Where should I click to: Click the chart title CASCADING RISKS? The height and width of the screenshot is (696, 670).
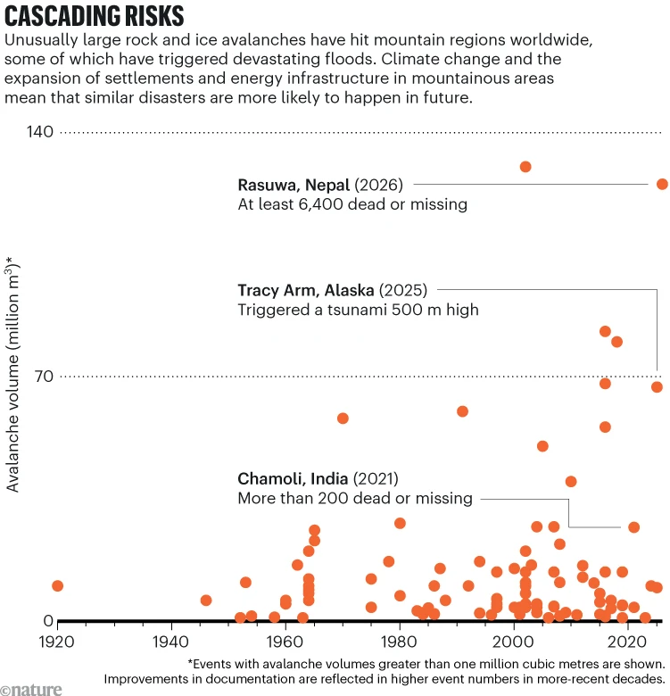coord(94,16)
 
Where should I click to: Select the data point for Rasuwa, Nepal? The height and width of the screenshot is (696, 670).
coord(662,184)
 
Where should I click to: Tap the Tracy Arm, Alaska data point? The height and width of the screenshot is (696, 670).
coord(657,387)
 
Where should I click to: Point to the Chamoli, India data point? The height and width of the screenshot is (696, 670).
coord(633,527)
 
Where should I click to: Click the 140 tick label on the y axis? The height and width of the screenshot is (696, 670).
coord(40,132)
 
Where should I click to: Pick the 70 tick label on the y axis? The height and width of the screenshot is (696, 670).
coord(44,377)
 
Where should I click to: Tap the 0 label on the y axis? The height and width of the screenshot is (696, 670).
coord(48,620)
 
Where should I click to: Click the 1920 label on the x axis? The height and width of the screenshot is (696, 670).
coord(57,642)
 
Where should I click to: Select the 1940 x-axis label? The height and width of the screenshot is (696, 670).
coord(171,642)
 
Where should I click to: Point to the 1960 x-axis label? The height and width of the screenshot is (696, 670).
coord(285,642)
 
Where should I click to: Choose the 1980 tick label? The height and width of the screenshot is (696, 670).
coord(400,642)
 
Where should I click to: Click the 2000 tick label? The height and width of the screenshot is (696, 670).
coord(513,642)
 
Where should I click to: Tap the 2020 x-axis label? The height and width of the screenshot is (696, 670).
coord(628,642)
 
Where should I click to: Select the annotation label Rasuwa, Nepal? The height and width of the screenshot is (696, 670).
coord(294,185)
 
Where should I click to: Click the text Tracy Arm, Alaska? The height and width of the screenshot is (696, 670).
coord(306,290)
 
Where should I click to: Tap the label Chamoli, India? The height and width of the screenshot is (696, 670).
coord(293,479)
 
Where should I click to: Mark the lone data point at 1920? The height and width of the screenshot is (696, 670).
coord(57,586)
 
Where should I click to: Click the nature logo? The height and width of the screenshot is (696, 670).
coord(31,690)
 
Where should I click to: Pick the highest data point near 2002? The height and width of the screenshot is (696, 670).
coord(525,167)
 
